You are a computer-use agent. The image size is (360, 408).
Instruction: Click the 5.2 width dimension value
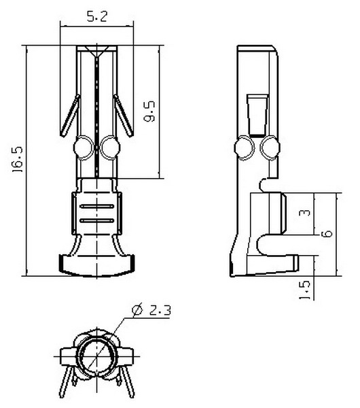tap(96, 16)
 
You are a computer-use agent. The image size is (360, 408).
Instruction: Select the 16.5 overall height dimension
tap(18, 159)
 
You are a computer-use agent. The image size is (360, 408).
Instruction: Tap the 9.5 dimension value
tap(149, 112)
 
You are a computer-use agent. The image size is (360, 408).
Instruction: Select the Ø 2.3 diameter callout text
tap(151, 310)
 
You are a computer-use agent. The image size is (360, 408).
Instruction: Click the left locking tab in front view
tap(70, 116)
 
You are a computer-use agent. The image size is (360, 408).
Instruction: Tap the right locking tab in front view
tap(124, 116)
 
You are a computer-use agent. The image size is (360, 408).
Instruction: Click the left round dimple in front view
tap(84, 148)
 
